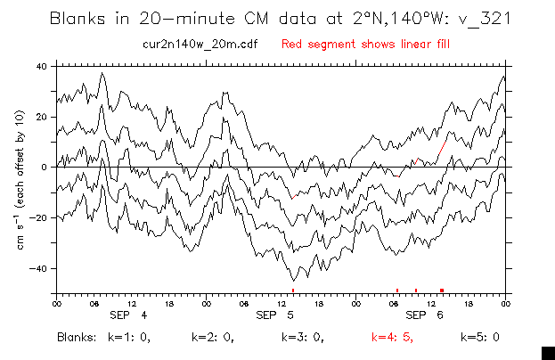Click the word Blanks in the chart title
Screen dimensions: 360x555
[78, 18]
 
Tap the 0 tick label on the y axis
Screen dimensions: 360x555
[45, 167]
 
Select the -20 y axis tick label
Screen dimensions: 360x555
[39, 217]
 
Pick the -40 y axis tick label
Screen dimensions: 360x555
[39, 268]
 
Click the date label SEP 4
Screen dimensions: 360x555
[129, 316]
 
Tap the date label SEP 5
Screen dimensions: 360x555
[279, 316]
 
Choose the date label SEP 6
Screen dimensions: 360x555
[429, 316]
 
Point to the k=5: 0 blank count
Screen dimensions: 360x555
[480, 338]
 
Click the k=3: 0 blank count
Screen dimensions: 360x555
[302, 338]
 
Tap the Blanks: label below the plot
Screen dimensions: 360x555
[77, 338]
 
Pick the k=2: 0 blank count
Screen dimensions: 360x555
[212, 338]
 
